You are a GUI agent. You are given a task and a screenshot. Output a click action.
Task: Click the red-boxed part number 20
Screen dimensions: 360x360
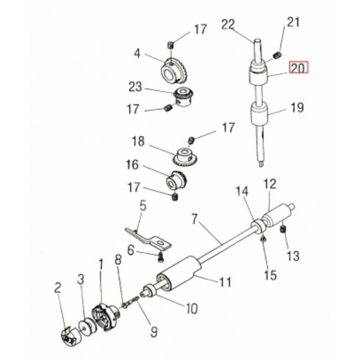tap(299, 68)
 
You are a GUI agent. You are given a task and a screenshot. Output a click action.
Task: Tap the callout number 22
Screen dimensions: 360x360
tap(228, 25)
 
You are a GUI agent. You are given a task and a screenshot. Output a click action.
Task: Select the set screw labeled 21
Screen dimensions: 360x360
tap(278, 55)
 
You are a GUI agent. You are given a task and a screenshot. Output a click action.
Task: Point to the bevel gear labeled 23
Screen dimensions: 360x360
tap(183, 97)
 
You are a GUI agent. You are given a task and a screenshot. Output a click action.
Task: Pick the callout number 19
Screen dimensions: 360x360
tap(297, 107)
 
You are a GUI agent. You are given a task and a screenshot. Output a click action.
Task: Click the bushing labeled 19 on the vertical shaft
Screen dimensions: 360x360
tap(259, 115)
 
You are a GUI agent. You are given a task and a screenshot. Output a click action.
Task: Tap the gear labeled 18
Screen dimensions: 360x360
tap(186, 156)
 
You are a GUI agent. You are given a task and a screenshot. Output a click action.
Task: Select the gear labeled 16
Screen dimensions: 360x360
tap(176, 181)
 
